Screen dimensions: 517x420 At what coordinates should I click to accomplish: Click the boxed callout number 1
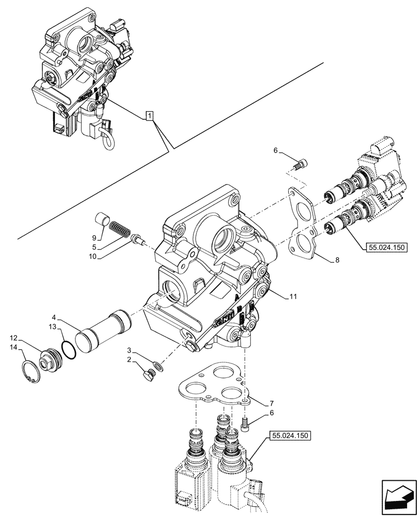pos(149,117)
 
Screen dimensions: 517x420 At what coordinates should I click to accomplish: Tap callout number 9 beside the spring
pos(94,238)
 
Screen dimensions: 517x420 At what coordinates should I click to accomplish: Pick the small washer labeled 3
pos(157,366)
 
